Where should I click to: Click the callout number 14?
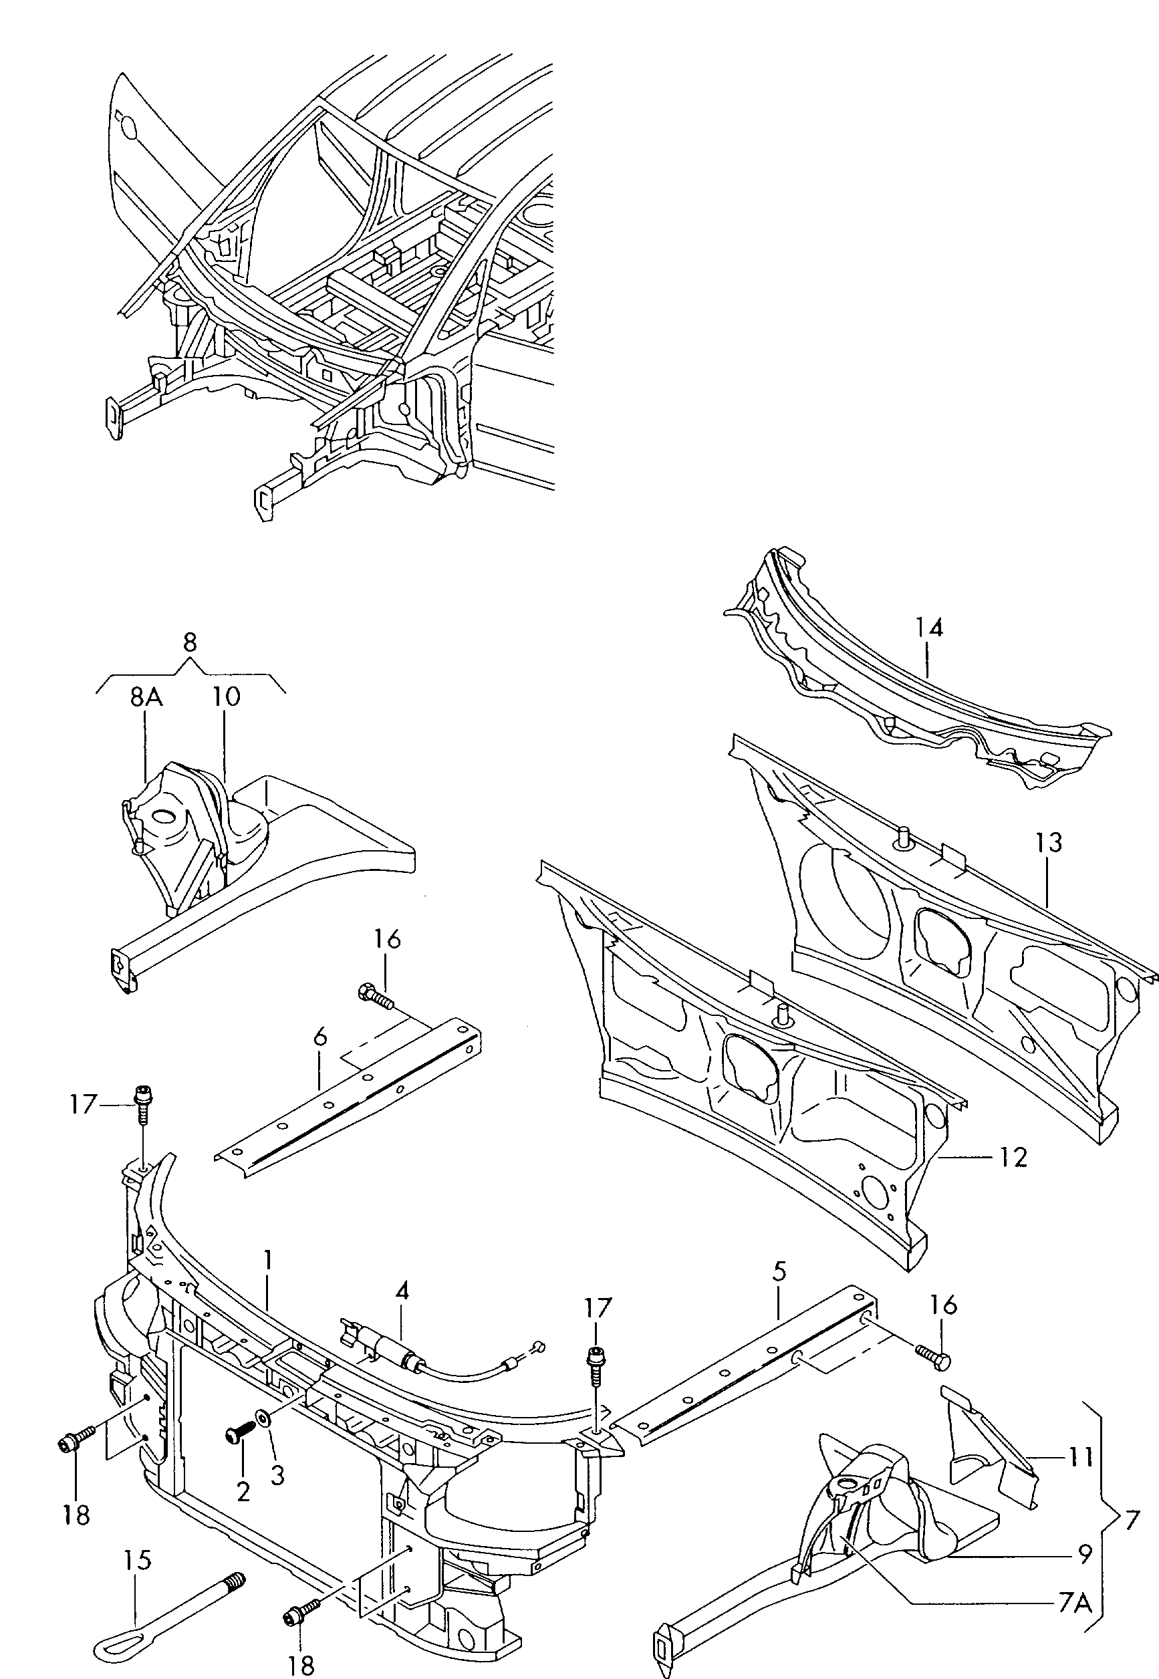point(929,628)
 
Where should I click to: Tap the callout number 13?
point(1049,843)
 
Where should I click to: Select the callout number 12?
point(1013,1158)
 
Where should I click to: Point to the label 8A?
point(146,697)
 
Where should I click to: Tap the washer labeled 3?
point(261,1417)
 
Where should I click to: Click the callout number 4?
point(402,1291)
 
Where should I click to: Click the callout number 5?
point(779,1271)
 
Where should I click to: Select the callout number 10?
point(227,697)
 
